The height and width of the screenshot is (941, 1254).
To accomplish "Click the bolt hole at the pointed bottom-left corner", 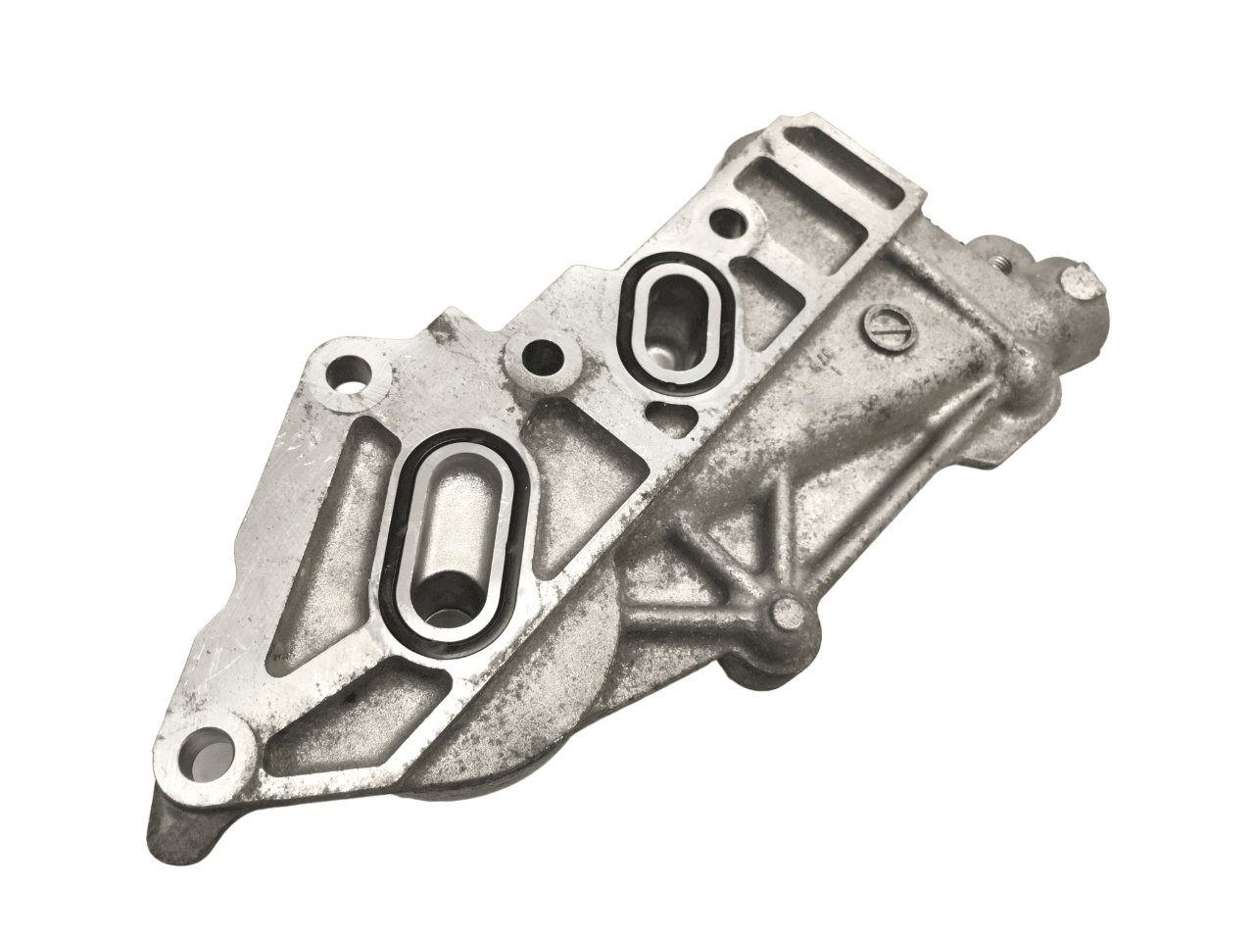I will coord(214,753).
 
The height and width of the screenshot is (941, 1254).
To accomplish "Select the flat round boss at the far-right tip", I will coord(1081,284).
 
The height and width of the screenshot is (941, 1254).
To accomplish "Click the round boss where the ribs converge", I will coord(791,616).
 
